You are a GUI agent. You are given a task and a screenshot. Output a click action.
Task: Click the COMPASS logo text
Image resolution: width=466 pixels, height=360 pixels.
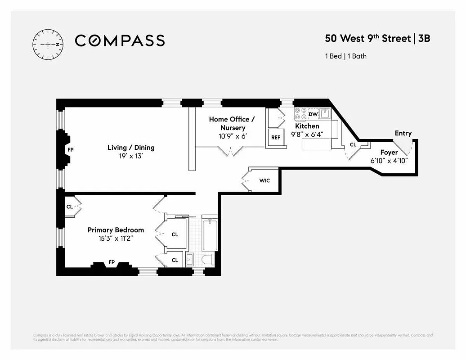120,41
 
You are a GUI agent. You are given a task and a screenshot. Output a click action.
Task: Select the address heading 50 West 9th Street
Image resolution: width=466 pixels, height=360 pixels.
367,38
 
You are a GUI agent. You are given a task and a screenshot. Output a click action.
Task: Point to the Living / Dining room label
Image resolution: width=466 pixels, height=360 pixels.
131,148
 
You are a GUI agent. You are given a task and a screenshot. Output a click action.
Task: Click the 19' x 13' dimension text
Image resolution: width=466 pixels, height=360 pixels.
131,157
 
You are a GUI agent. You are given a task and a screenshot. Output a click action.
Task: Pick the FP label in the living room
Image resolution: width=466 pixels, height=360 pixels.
70,149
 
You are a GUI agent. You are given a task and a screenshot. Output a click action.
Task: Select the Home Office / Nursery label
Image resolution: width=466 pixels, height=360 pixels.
232,124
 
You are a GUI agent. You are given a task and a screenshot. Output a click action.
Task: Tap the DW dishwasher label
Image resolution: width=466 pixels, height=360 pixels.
313,114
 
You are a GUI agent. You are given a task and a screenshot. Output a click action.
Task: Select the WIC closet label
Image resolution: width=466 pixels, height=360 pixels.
264,181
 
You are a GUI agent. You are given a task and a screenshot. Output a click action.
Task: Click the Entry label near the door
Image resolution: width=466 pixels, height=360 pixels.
403,133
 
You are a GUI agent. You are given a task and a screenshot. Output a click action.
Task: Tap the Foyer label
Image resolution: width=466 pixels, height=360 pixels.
389,153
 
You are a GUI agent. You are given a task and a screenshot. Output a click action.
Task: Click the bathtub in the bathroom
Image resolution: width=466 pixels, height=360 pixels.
210,234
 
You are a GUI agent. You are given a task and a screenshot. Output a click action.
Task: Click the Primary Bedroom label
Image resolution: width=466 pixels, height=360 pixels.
116,230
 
